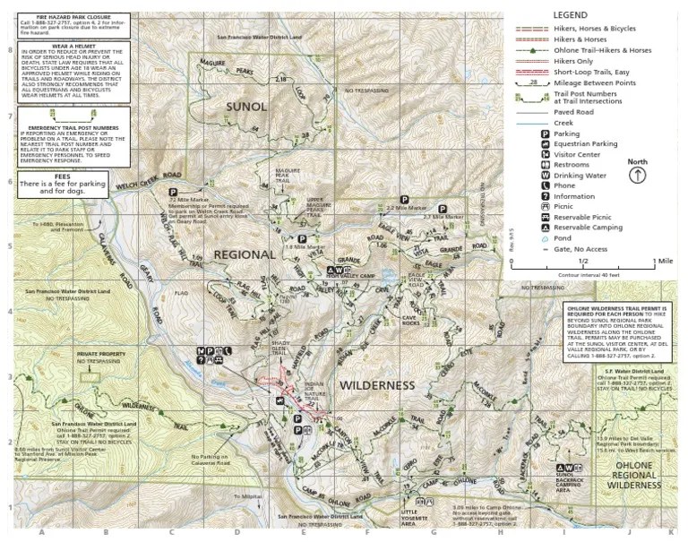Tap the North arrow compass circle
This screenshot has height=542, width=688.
coord(637,176)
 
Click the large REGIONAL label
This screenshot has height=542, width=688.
coord(243,254)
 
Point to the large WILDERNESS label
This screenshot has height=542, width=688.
coord(377,385)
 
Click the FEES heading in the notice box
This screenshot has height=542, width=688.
coord(69,177)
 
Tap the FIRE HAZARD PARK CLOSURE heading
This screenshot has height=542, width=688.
coord(68,15)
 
